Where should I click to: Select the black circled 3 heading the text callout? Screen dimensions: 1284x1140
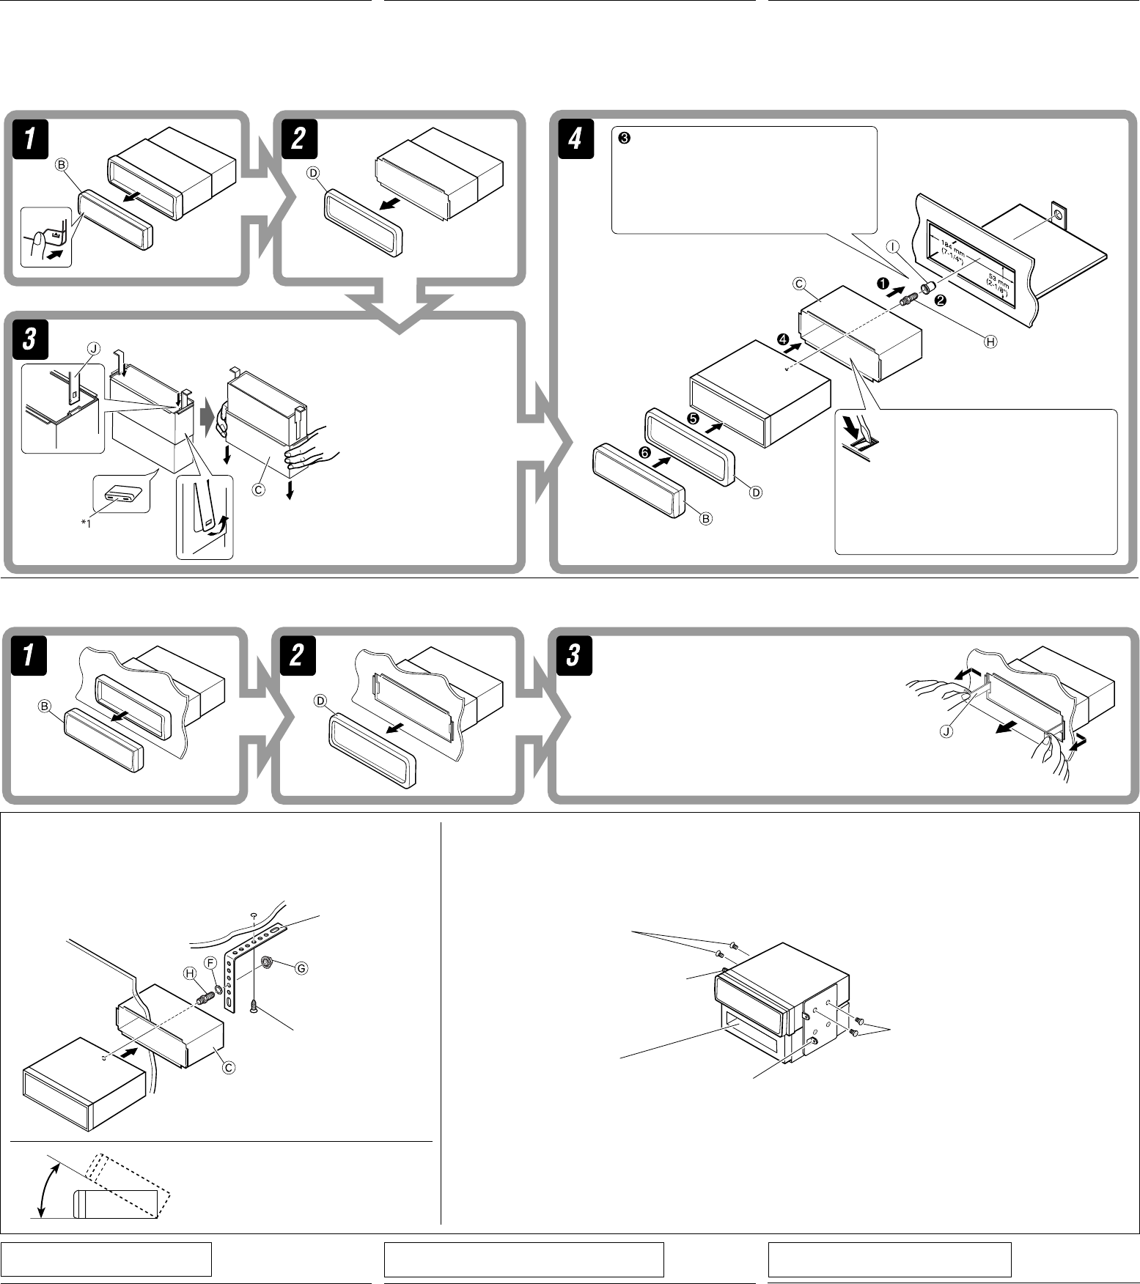tap(623, 138)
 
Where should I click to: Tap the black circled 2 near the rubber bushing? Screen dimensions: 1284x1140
tap(941, 300)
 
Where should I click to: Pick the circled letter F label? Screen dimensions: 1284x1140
tap(210, 961)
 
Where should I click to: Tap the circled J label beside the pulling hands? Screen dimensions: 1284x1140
tap(947, 732)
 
